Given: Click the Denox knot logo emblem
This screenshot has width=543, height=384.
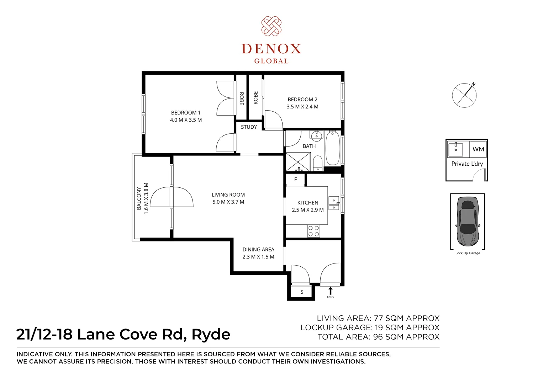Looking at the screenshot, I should click(x=271, y=26).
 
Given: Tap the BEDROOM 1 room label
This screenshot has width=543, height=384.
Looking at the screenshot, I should click(x=186, y=113).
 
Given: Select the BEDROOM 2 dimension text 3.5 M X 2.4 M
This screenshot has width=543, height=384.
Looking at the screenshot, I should click(x=302, y=107).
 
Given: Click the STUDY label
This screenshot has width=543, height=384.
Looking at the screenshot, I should click(x=249, y=127).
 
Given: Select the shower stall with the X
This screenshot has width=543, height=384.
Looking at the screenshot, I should click(x=298, y=162).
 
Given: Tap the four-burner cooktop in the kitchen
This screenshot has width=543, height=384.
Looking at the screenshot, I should click(x=313, y=231).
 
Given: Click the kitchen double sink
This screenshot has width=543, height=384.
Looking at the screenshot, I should click(x=333, y=203).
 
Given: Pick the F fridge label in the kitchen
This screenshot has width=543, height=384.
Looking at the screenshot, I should click(x=295, y=180).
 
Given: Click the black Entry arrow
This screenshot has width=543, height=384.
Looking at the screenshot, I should click(x=331, y=290).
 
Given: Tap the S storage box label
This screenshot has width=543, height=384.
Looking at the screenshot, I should click(x=302, y=292).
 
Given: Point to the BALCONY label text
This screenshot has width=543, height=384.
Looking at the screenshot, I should click(x=139, y=198).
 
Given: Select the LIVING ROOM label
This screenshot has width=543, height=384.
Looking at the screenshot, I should click(x=228, y=195).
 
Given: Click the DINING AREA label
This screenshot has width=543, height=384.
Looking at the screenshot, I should click(x=258, y=250).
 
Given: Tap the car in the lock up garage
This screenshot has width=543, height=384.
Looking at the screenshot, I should click(x=468, y=221).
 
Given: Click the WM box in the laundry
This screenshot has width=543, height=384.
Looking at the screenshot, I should click(x=478, y=149).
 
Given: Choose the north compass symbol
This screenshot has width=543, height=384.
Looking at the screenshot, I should click(x=464, y=95).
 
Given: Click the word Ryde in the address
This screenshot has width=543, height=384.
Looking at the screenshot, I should click(x=211, y=335).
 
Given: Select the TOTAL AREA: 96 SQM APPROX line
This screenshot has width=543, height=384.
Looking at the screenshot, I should click(x=378, y=337).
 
